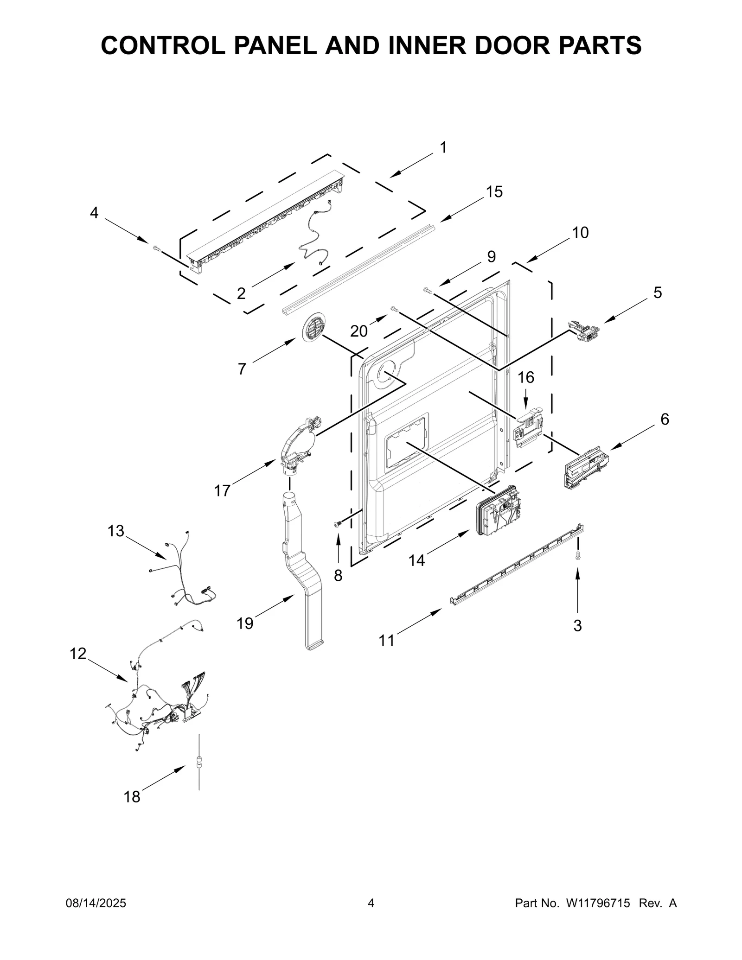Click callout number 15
pyautogui.click(x=494, y=192)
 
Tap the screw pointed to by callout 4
pyautogui.click(x=156, y=249)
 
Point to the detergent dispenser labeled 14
pyautogui.click(x=498, y=510)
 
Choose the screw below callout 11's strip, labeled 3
pyautogui.click(x=578, y=556)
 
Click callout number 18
pyautogui.click(x=132, y=797)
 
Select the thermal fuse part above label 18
pyautogui.click(x=199, y=762)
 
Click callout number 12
pyautogui.click(x=78, y=654)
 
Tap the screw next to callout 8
pyautogui.click(x=337, y=524)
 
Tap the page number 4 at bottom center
pyautogui.click(x=371, y=903)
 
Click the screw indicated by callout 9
pyautogui.click(x=428, y=291)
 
